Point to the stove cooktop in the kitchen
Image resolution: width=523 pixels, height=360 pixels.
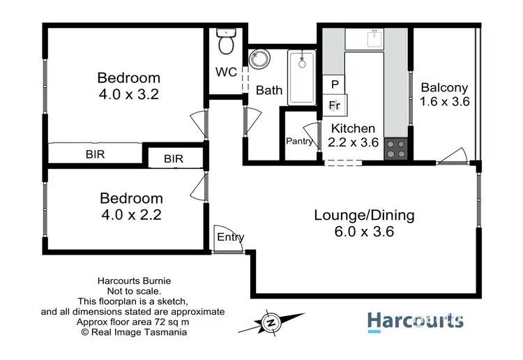[396, 148]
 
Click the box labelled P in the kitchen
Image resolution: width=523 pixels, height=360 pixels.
[335, 84]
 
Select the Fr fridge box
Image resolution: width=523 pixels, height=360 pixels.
[335, 105]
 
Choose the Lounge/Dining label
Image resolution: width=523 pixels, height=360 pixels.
[363, 215]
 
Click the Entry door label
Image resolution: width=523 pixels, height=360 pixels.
[231, 237]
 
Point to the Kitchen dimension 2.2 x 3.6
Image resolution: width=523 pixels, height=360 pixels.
[353, 143]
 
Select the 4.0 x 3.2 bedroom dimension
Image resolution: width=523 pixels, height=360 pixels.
[128, 95]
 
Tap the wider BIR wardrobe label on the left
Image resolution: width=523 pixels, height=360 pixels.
[95, 154]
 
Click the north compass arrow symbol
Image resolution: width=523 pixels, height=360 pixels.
[270, 322]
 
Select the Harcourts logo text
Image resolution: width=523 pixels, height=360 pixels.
[415, 320]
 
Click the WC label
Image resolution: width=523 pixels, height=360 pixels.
[225, 73]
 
